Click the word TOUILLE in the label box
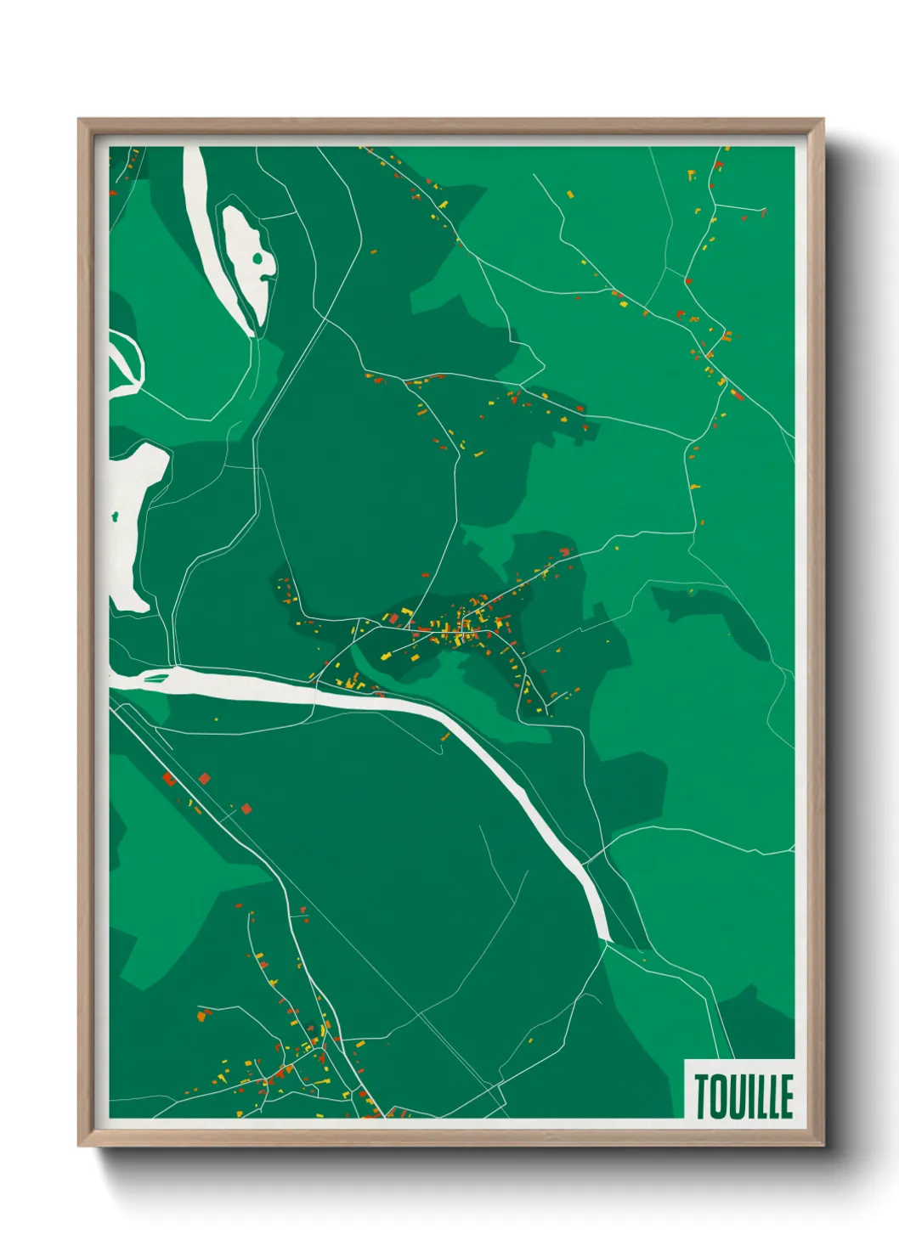[x=744, y=1096]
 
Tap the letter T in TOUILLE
[x=704, y=1096]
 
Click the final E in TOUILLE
[x=786, y=1096]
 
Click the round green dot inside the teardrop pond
[x=257, y=258]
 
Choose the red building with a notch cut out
[x=169, y=778]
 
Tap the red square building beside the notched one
[x=204, y=777]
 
